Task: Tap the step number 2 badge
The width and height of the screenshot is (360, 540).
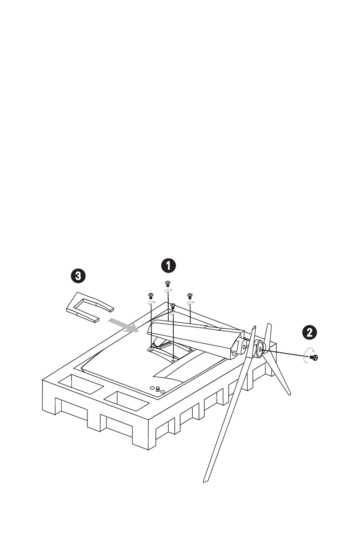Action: click(x=310, y=332)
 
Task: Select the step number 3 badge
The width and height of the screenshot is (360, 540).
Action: click(x=78, y=275)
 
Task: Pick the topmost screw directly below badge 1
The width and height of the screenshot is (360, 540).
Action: click(x=168, y=283)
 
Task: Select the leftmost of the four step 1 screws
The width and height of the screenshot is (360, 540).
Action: click(x=151, y=295)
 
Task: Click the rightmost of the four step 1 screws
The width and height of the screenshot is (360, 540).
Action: click(x=190, y=295)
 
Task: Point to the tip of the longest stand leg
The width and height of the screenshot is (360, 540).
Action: click(x=205, y=480)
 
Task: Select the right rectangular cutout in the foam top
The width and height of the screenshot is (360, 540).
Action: click(x=126, y=399)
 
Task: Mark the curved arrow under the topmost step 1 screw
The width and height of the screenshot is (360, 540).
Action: click(x=168, y=291)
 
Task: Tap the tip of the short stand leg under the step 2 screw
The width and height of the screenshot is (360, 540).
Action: click(x=288, y=393)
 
